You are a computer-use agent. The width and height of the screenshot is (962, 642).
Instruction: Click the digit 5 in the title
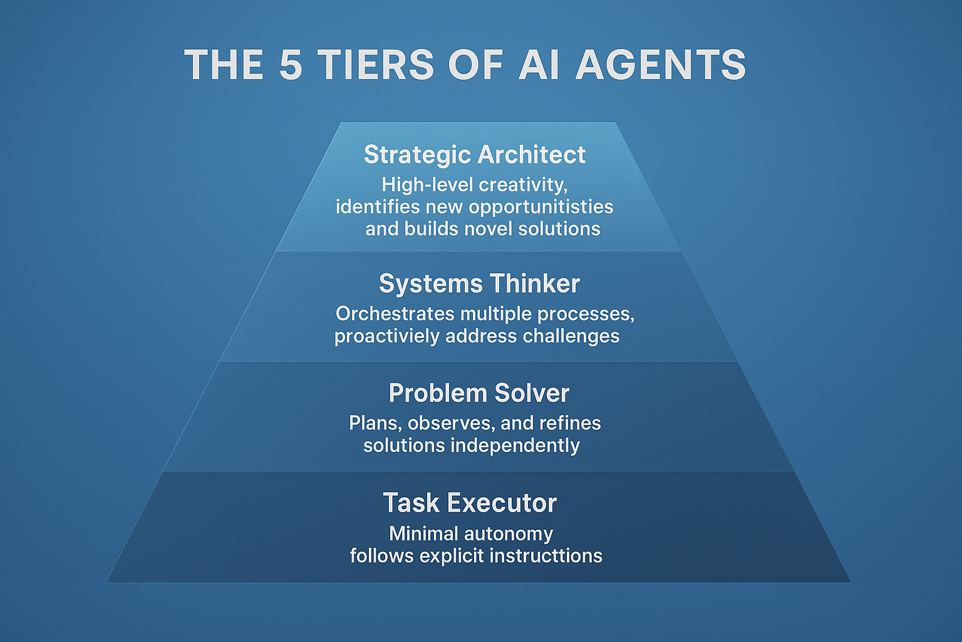(x=291, y=65)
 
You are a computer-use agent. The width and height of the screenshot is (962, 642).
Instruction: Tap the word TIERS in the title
(x=376, y=65)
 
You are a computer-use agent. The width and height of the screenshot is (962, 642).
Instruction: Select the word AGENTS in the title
(x=661, y=65)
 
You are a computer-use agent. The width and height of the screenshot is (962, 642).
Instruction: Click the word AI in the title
(x=539, y=65)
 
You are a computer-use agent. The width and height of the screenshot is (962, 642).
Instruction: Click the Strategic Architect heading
(x=475, y=154)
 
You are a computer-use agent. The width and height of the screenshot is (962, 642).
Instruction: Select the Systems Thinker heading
(x=479, y=284)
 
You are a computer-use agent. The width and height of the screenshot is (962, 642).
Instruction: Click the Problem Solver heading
(x=479, y=393)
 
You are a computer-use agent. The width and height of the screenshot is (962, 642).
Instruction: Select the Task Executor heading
(x=470, y=503)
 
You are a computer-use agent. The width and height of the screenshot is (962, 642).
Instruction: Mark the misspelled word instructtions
(x=546, y=556)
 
